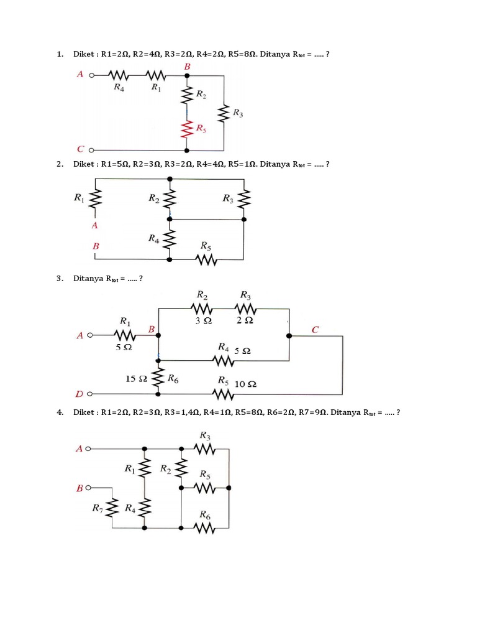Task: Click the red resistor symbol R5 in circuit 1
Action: click(187, 129)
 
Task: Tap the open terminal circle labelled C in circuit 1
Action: click(91, 150)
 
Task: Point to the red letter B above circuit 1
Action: click(187, 65)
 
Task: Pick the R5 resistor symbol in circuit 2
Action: click(207, 259)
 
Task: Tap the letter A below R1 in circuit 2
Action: click(95, 225)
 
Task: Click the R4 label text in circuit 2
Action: click(153, 238)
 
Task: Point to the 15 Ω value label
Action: click(136, 378)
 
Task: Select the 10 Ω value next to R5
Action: click(246, 385)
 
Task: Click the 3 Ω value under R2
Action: click(204, 320)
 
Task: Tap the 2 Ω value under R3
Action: click(245, 320)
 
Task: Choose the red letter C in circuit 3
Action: click(315, 330)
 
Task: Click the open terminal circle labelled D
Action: click(91, 394)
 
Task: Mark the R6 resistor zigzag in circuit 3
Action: click(158, 378)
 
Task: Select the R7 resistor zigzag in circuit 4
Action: click(112, 508)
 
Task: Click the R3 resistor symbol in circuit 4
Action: click(204, 449)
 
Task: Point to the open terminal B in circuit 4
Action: click(91, 488)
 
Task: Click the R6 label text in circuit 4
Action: click(204, 515)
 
